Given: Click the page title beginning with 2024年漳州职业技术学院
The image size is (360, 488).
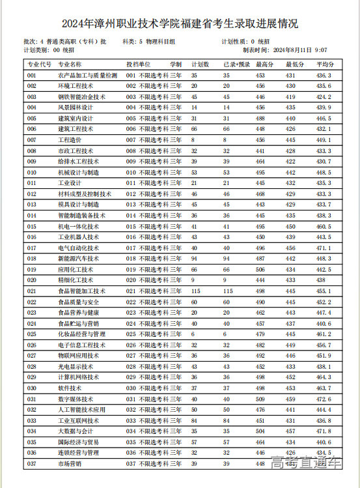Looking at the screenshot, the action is coord(180,24).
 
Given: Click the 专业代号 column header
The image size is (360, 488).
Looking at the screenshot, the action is coord(39,65).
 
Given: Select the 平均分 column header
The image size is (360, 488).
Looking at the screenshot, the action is coord(325,65).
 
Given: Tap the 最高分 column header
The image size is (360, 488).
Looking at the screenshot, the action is coord(264,65).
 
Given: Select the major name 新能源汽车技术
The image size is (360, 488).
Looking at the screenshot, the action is coord(79,259).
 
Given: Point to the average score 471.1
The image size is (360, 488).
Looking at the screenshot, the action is coord(324,248).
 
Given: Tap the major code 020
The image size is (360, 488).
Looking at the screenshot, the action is coord(32,280).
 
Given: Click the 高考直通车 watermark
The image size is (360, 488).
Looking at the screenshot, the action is coord(307,463).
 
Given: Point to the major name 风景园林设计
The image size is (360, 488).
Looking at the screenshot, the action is coord(76,108).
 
